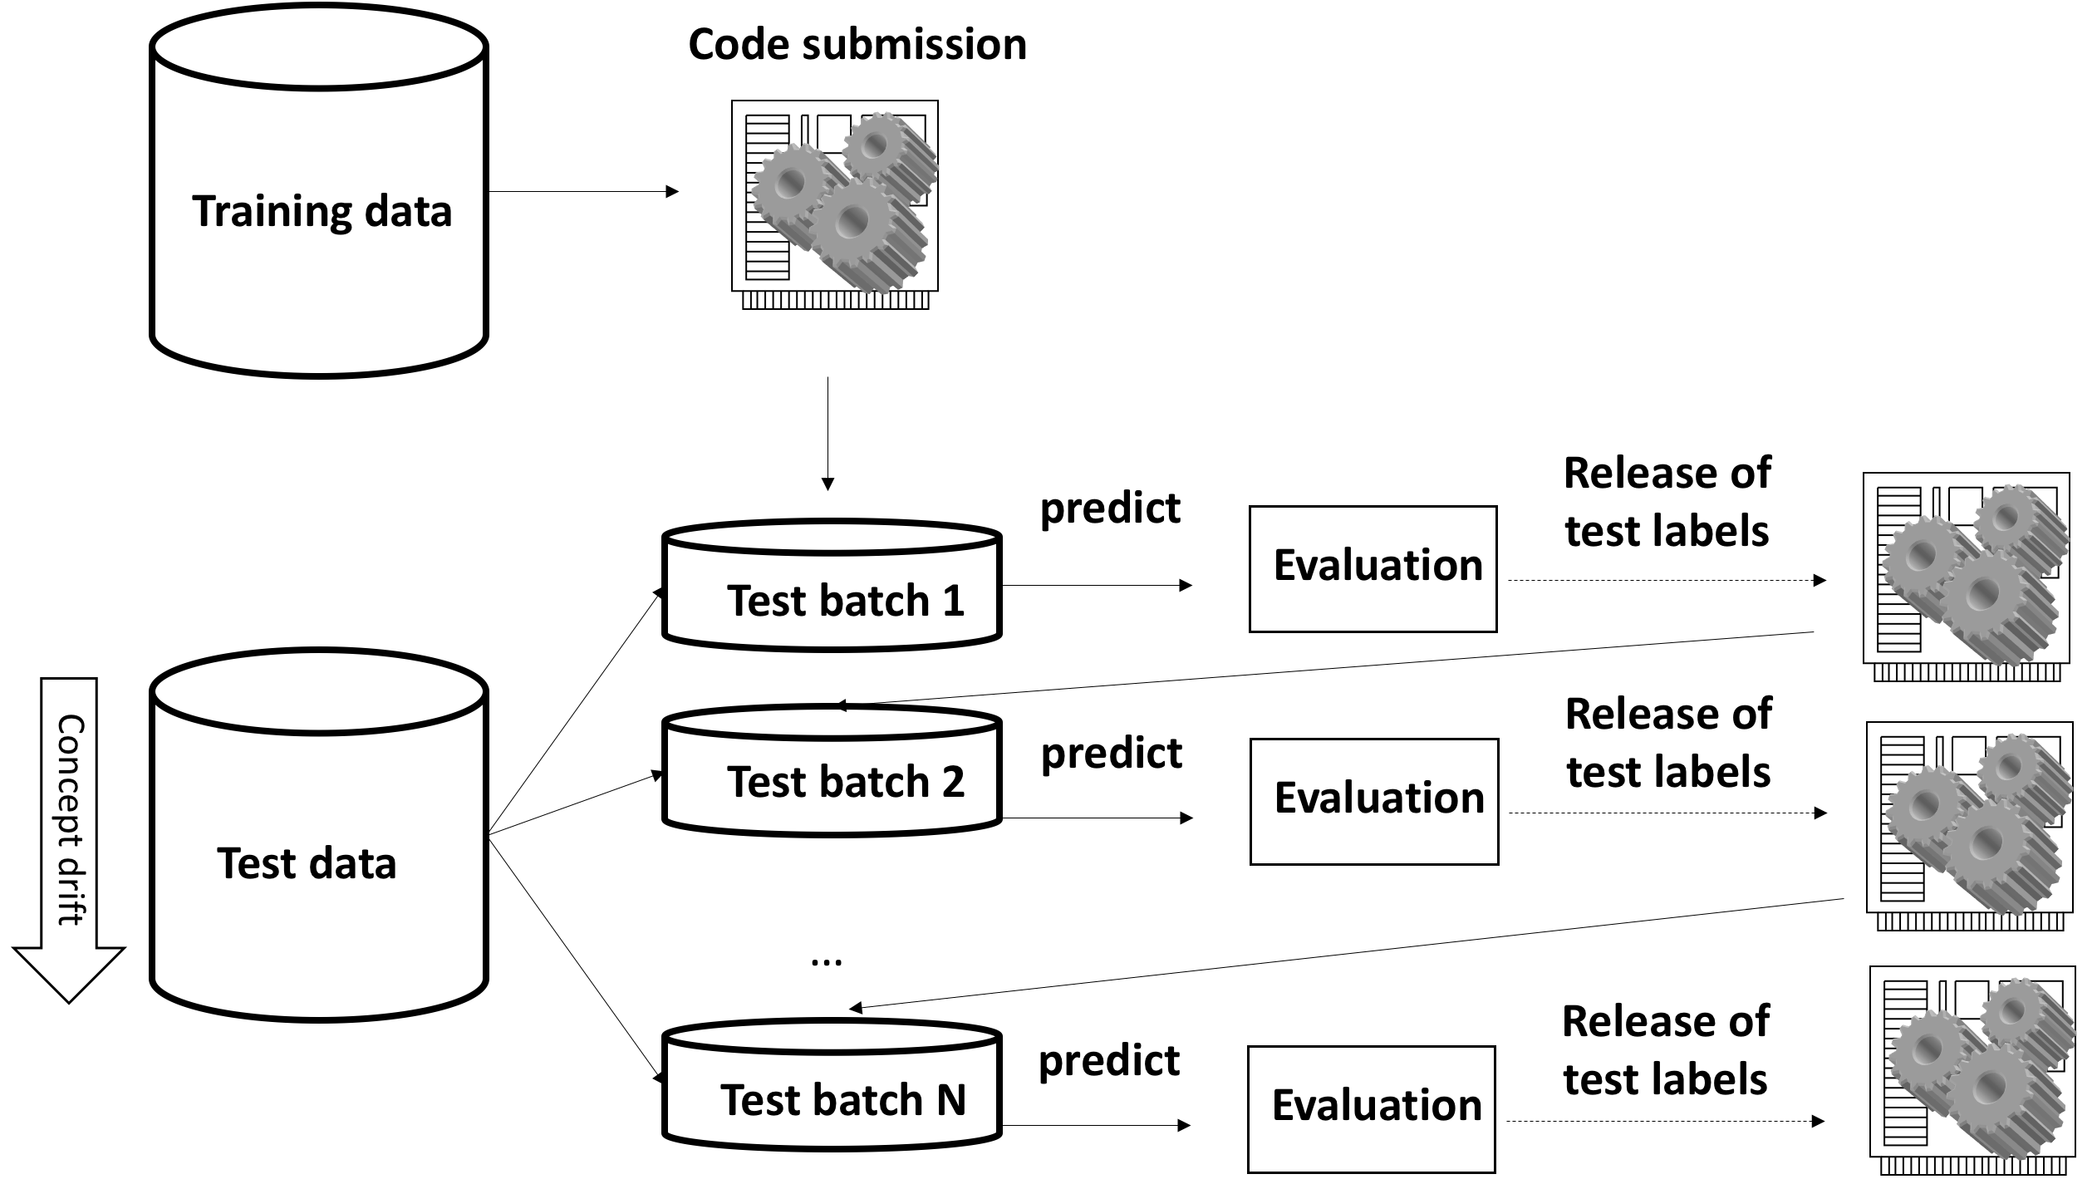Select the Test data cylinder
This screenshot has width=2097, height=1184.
point(319,835)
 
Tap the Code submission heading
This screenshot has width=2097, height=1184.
point(857,44)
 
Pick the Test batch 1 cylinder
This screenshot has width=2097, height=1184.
point(832,585)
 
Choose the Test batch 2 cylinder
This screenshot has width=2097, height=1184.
point(832,770)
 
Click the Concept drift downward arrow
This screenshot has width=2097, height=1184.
point(69,839)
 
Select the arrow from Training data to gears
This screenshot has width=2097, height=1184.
point(583,192)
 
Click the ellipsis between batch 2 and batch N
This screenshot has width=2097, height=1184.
point(826,962)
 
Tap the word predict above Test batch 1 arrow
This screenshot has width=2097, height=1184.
point(1110,508)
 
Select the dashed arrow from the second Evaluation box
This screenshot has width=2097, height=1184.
point(1667,813)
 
